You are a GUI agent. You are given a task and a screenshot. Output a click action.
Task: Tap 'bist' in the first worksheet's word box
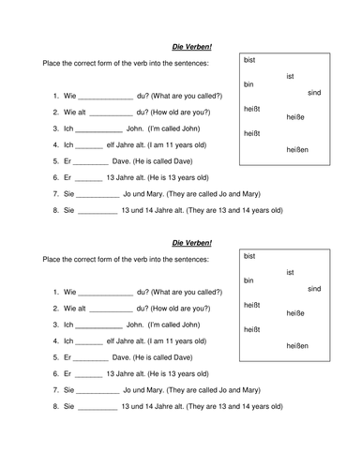pos(249,60)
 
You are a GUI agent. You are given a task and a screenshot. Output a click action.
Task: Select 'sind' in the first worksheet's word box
pos(314,93)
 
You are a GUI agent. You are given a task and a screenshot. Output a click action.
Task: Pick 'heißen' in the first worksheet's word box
pos(294,149)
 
